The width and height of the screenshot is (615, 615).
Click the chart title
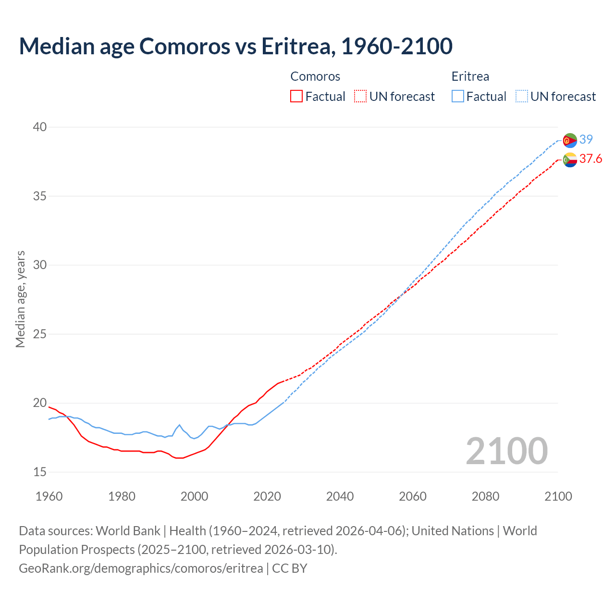pos(235,46)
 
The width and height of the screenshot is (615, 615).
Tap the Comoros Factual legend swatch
pos(296,96)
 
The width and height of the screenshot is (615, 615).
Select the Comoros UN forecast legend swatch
pos(360,96)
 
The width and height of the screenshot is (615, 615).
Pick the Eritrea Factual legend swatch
pos(458,96)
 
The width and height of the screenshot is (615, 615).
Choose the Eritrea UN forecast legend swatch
pos(522,96)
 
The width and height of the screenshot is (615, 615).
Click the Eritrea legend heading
pos(470,76)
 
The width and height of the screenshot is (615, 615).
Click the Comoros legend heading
pos(315,76)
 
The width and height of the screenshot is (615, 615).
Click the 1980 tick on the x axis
pos(122,496)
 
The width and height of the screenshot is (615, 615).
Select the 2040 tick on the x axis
pos(340,496)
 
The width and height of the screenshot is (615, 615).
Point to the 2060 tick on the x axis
pos(413,496)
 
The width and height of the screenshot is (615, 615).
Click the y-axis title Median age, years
pos(20,299)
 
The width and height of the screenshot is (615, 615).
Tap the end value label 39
pos(586,139)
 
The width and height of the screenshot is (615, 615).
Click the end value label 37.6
pos(590,159)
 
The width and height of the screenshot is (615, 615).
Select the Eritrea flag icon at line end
pos(570,140)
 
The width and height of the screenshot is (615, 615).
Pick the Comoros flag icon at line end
pos(570,160)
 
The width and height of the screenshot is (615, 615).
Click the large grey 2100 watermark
pos(506,451)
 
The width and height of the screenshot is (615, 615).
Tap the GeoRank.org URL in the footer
pos(141,568)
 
